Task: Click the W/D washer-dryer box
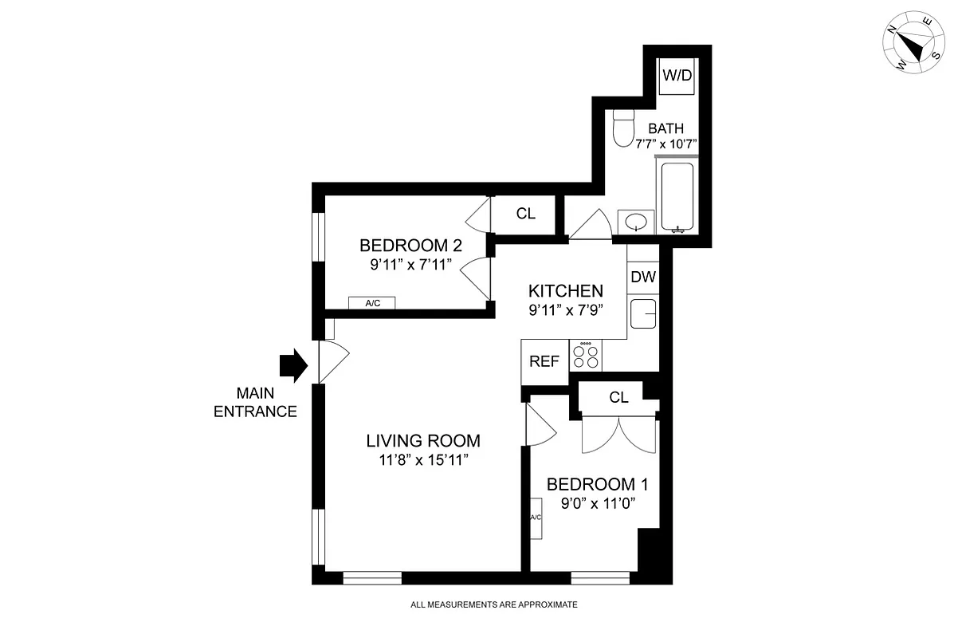click(x=678, y=77)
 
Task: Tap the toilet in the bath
click(x=623, y=127)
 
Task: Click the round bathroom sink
click(x=636, y=222)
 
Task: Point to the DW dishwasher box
click(x=643, y=278)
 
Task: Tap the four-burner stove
click(x=587, y=356)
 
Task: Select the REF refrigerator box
click(x=544, y=360)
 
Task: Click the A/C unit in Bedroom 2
click(x=372, y=303)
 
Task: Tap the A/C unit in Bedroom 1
click(x=536, y=518)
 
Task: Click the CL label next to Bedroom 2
click(x=525, y=214)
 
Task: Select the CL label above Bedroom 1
click(x=618, y=397)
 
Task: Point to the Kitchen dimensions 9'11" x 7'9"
click(x=565, y=311)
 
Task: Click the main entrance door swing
click(x=332, y=361)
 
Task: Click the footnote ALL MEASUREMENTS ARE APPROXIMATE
click(x=493, y=605)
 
